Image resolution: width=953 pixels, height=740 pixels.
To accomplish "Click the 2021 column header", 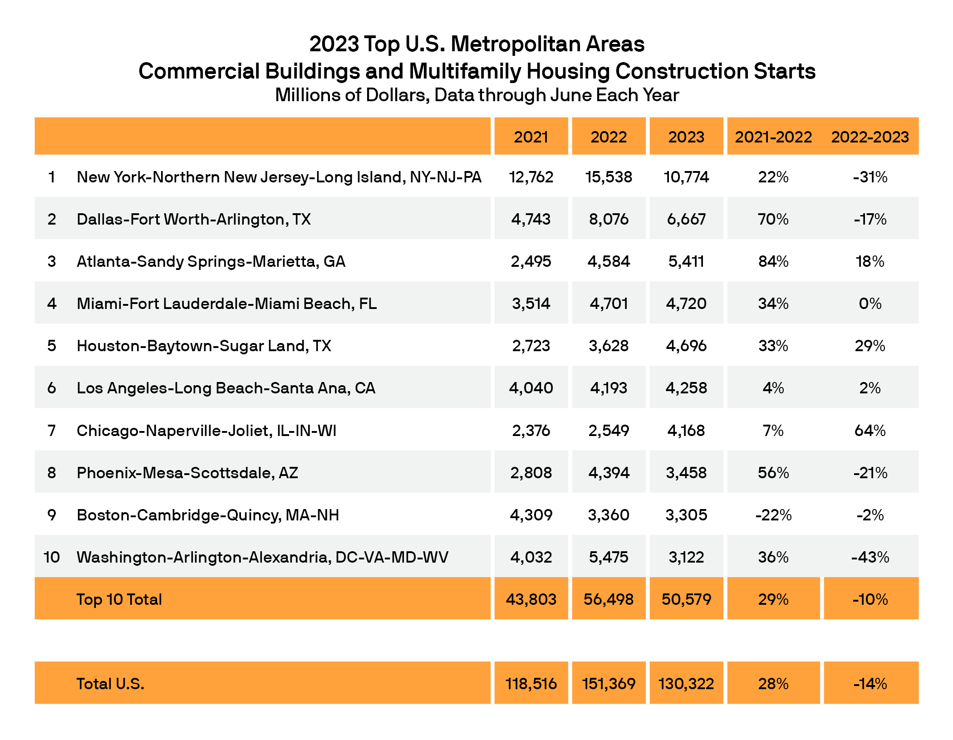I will point(531,137).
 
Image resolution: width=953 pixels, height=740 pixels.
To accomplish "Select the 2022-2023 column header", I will point(870,137).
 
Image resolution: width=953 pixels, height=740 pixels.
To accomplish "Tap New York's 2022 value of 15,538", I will point(609,177).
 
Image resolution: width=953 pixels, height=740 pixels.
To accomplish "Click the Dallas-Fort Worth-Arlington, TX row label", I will point(194,219).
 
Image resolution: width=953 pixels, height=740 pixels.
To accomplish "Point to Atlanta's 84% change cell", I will point(773,261).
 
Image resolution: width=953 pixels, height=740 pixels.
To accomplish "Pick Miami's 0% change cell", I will point(870,304).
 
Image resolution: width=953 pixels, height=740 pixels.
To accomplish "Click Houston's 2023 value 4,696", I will point(686,346).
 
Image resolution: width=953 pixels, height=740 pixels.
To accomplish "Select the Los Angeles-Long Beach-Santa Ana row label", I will point(226,388).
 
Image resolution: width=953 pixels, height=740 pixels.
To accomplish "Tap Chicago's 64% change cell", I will point(870,430).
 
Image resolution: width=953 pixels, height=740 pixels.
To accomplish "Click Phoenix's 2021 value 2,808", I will point(531,473).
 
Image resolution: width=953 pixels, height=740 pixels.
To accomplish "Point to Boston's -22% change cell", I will point(773,515).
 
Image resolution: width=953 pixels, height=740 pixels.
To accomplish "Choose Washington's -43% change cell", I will point(870,557).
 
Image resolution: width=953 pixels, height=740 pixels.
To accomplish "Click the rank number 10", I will point(52,557).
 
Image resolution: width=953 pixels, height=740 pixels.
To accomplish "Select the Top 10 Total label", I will point(119,599).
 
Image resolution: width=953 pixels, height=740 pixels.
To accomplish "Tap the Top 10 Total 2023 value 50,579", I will point(686,599).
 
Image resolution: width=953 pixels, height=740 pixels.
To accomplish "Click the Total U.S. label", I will point(110,684).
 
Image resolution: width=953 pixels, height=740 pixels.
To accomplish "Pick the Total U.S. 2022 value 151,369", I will point(609,684).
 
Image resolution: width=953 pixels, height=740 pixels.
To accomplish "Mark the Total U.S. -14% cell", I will point(870,684).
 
